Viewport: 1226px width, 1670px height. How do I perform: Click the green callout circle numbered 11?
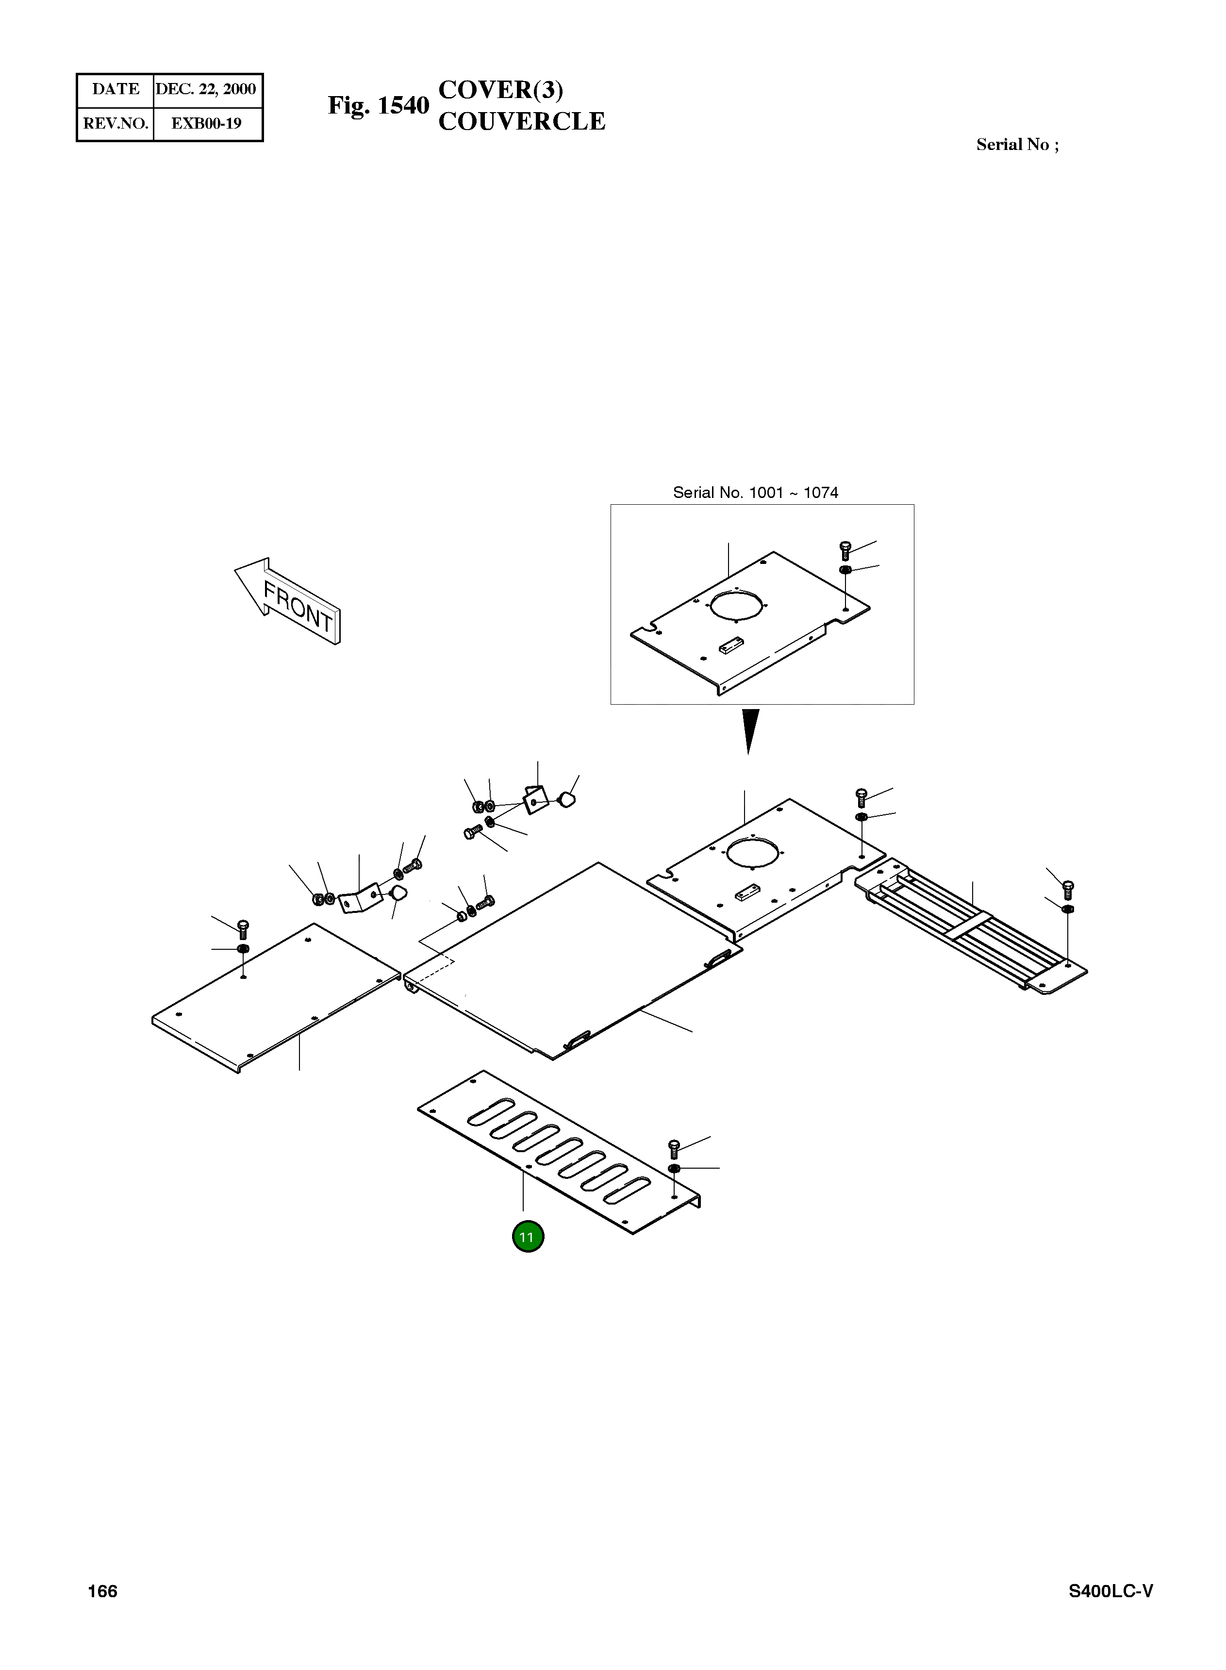(528, 1237)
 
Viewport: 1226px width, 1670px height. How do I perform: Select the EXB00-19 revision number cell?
(206, 123)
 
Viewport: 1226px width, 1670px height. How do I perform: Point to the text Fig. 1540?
(379, 106)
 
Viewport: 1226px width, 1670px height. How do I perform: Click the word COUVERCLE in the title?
(522, 122)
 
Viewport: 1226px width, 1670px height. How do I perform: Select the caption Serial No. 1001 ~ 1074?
(756, 493)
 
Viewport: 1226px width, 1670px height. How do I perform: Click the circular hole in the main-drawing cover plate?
(752, 851)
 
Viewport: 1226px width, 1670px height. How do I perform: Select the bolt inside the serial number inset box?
(845, 550)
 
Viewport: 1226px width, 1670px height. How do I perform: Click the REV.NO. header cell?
(115, 123)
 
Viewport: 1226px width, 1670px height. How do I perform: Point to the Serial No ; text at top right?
(1017, 145)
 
